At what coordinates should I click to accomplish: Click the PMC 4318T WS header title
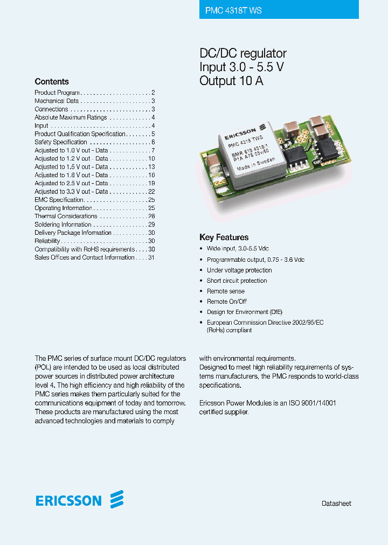click(233, 10)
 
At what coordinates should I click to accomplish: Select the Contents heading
click(52, 82)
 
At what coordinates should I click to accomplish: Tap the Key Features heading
click(224, 237)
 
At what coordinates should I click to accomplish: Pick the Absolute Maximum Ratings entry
click(71, 117)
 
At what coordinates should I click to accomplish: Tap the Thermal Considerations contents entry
click(66, 216)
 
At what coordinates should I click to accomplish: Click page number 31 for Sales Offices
click(151, 257)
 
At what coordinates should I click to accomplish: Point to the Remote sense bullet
click(226, 291)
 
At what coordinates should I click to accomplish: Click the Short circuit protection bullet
click(237, 281)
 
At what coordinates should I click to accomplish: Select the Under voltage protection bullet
click(239, 270)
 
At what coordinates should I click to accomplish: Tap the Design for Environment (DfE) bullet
click(245, 312)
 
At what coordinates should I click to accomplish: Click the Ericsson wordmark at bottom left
click(68, 501)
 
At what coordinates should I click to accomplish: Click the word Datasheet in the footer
click(336, 504)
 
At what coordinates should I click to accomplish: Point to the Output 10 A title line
click(231, 81)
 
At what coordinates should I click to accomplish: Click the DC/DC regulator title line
click(243, 53)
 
